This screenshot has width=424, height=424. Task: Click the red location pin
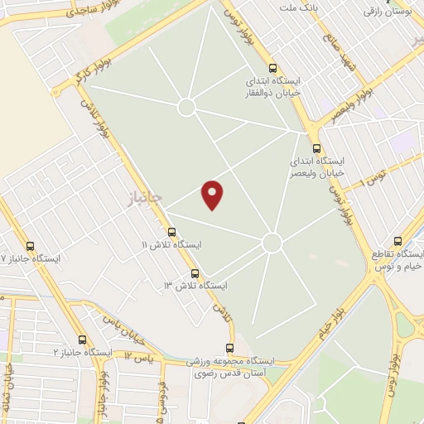(214, 194)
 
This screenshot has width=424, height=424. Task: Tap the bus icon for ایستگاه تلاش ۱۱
(171, 232)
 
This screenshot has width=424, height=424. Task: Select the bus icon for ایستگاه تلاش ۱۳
(195, 272)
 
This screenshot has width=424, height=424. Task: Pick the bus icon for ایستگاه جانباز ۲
(81, 339)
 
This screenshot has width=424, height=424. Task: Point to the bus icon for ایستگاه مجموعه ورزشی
(229, 349)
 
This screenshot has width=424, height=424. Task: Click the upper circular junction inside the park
(187, 107)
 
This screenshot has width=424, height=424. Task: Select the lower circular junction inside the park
(272, 243)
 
